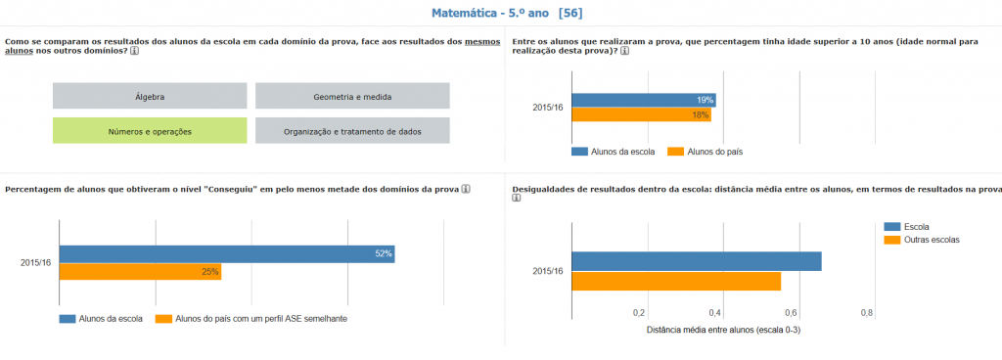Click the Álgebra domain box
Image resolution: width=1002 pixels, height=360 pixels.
[150, 96]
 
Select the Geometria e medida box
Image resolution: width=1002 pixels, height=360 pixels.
[352, 96]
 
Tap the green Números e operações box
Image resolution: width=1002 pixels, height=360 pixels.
[150, 131]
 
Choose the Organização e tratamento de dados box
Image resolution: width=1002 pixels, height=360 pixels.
[352, 131]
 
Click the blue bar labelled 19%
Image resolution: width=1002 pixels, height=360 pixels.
[643, 100]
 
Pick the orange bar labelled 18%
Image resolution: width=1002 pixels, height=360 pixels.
[641, 114]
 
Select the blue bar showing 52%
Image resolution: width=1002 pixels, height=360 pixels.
[227, 254]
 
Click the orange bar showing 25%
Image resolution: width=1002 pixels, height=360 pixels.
[140, 272]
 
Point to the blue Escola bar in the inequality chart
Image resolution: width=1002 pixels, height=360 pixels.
[696, 261]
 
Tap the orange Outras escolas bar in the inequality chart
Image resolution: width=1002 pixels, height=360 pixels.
[676, 282]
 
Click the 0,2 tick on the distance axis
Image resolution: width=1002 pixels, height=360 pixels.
[639, 313]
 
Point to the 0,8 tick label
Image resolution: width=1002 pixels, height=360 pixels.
[866, 313]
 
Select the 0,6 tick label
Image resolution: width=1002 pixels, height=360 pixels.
[791, 313]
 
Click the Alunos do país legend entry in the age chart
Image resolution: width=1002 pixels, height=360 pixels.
[713, 152]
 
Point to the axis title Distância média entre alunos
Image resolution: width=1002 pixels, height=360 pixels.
[723, 330]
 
